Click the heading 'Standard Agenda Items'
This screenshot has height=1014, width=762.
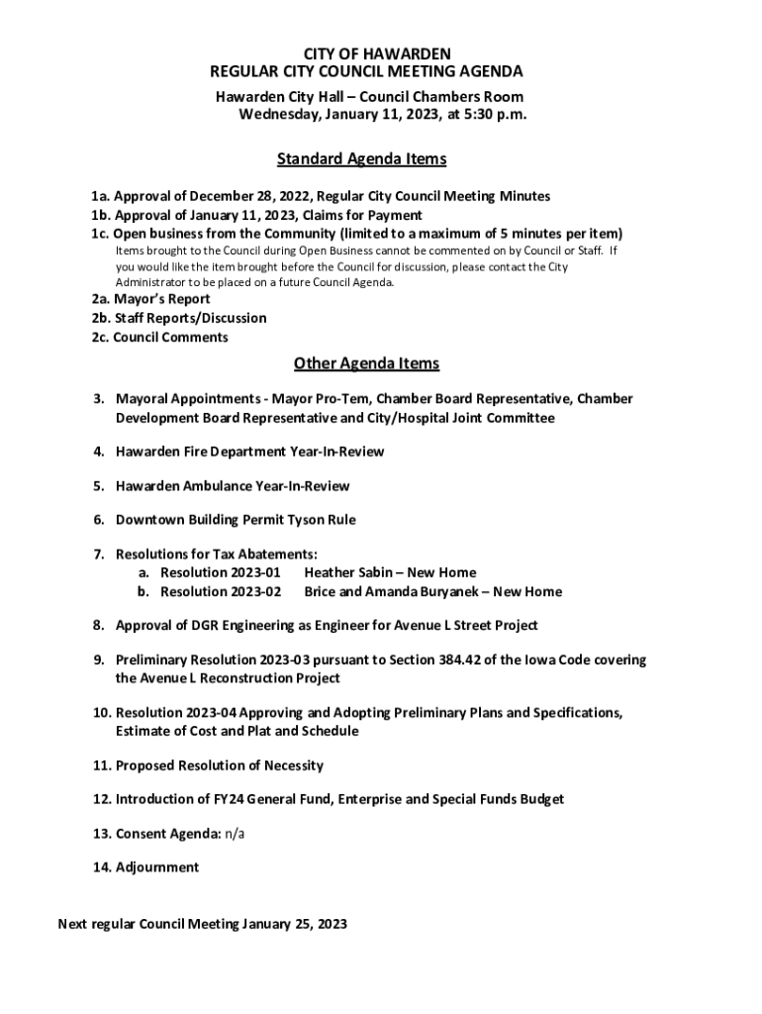[361, 158]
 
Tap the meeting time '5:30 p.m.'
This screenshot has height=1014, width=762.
[493, 115]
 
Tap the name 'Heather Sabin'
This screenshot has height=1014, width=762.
[349, 572]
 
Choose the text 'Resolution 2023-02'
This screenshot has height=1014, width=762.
[221, 592]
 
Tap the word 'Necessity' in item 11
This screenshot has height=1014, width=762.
[292, 765]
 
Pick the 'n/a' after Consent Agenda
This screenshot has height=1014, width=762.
[235, 834]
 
